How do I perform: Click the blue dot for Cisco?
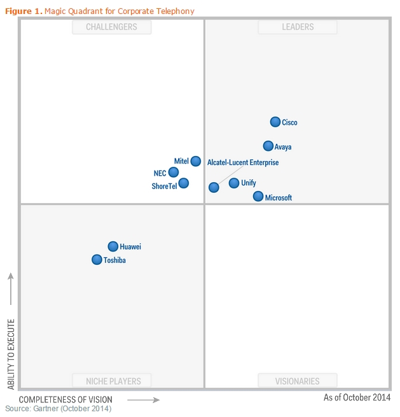(x=275, y=122)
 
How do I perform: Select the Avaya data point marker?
(x=268, y=146)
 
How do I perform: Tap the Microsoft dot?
(x=258, y=196)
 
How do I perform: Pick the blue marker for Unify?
(x=234, y=183)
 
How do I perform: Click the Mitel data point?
(x=196, y=161)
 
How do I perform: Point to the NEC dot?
(x=174, y=172)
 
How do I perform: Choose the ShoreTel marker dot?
(x=184, y=183)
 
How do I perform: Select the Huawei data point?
(x=113, y=246)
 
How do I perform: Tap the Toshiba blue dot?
(x=97, y=259)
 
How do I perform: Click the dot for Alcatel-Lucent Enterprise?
(x=214, y=187)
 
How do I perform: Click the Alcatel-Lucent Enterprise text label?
(x=243, y=162)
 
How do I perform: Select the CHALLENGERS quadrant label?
(x=111, y=27)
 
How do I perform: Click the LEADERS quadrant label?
(x=298, y=27)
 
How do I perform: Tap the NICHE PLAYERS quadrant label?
(x=114, y=381)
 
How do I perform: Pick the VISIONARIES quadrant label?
(x=298, y=381)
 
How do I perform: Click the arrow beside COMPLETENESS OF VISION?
(x=144, y=400)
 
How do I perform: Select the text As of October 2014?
(x=357, y=397)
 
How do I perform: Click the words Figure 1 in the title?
(x=23, y=11)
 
